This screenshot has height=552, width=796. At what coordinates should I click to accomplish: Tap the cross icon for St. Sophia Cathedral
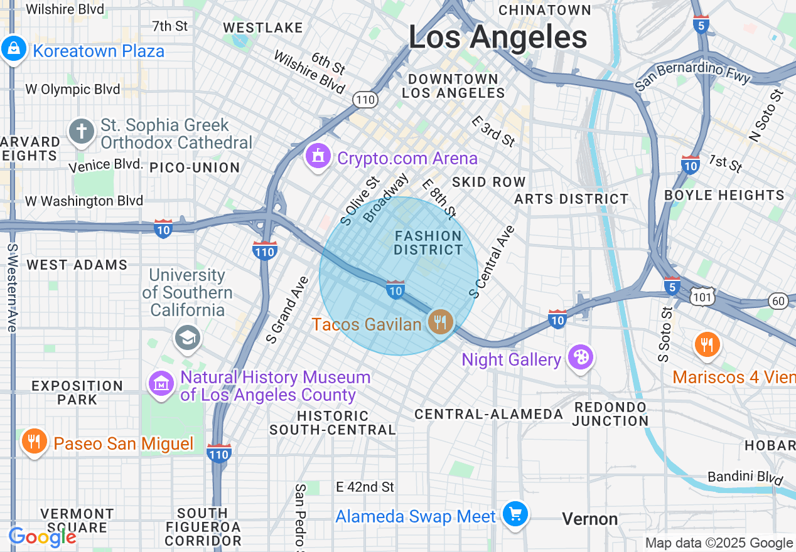point(82,132)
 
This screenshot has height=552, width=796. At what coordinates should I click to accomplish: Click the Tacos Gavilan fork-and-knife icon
point(441,322)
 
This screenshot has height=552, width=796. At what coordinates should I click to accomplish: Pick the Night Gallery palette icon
point(581,358)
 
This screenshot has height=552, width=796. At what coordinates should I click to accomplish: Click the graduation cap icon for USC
point(187,337)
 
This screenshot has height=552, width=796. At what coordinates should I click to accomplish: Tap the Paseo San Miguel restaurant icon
point(34,442)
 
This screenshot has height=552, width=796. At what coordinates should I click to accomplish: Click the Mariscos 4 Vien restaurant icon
point(707,344)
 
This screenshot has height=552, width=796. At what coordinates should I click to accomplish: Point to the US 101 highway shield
point(704,296)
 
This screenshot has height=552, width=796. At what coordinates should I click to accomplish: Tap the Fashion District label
point(428,243)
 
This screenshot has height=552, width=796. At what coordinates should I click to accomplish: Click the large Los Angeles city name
point(498,37)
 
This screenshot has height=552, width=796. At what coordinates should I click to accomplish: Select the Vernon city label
point(589,519)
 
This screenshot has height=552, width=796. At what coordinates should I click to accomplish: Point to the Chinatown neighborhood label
point(544,10)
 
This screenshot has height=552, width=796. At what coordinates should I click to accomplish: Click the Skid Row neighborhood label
point(489,182)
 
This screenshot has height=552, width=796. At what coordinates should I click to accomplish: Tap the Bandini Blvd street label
point(745,477)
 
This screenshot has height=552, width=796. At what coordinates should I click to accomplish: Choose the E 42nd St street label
point(365,487)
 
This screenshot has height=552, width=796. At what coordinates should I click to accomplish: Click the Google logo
point(42,537)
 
